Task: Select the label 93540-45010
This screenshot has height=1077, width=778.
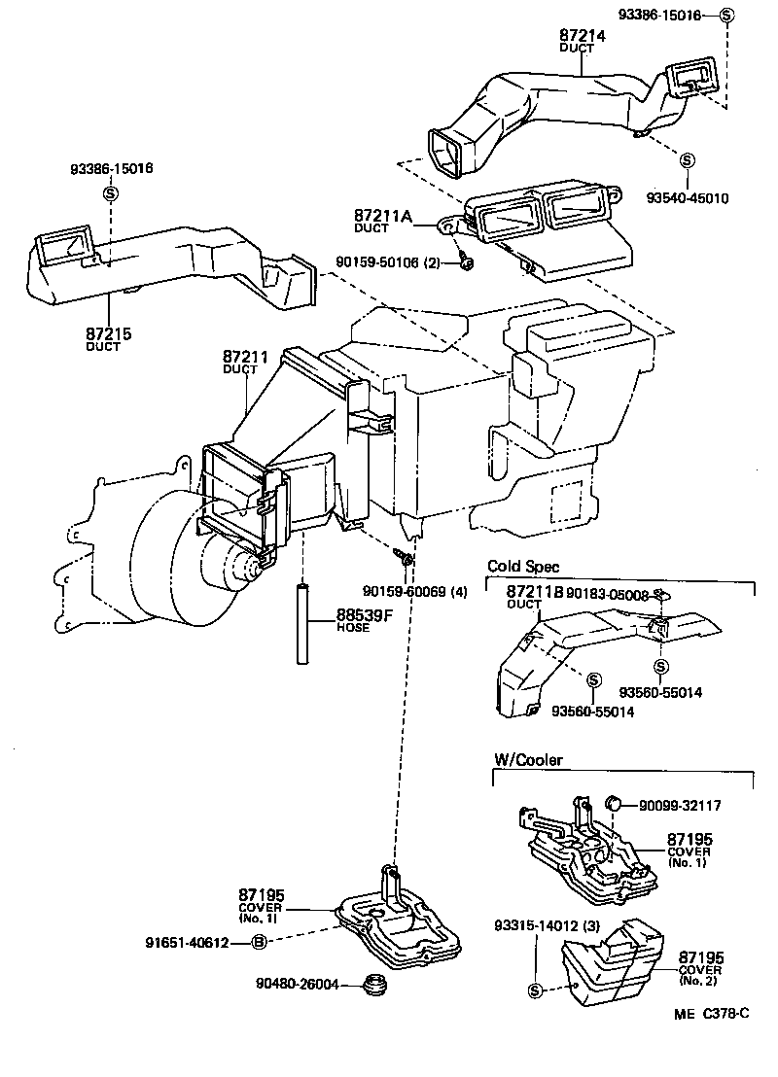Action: [687, 198]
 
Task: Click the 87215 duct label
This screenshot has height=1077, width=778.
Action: [108, 334]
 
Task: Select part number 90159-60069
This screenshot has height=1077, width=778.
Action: [409, 591]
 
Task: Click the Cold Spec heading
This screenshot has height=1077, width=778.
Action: [523, 567]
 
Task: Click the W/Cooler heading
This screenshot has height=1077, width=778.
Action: [528, 760]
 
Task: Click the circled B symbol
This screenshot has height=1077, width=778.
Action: [260, 941]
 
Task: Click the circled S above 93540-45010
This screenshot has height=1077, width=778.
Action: [687, 159]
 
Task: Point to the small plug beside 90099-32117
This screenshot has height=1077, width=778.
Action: [614, 804]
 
